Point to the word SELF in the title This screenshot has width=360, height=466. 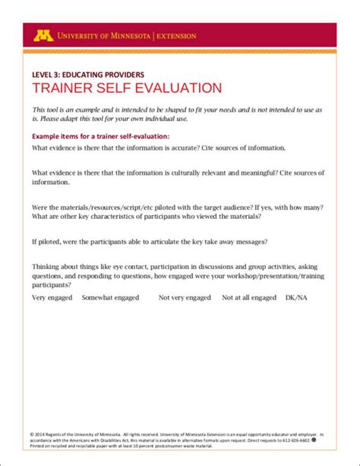(x=113, y=89)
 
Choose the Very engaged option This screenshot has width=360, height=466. (x=52, y=297)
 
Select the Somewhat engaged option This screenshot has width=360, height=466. (x=110, y=297)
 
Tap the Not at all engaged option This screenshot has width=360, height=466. (x=249, y=297)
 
